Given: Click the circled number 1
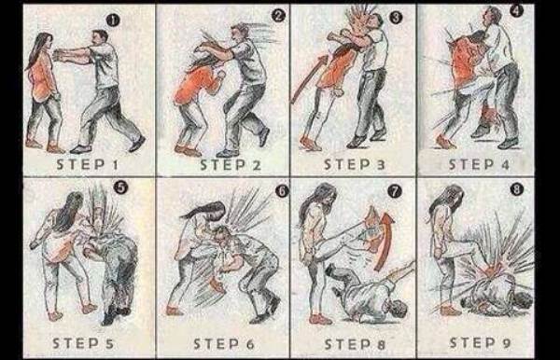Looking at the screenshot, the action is (113, 21).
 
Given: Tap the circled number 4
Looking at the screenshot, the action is (516, 10).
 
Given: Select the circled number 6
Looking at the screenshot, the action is (282, 191).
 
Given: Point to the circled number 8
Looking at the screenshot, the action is (517, 189).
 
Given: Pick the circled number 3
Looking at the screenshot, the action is (396, 17).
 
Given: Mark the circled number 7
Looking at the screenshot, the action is (395, 191).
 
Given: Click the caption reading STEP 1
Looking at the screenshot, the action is (87, 164).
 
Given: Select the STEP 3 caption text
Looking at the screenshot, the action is (355, 164).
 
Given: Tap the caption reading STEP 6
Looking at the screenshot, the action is (224, 344).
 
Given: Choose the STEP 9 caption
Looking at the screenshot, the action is (480, 343).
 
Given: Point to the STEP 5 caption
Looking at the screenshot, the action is (83, 343).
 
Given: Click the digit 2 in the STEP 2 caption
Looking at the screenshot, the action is (256, 165).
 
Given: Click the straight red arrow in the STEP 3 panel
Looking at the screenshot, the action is (309, 78).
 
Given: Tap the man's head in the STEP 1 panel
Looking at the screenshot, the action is (99, 38).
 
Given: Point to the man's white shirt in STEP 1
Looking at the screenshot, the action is (105, 66).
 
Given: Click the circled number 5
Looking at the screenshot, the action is (120, 187).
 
